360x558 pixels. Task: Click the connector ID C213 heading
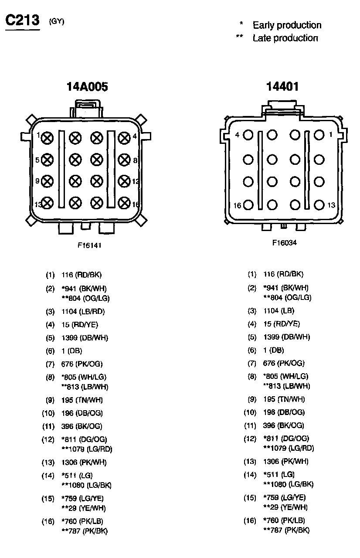pyautogui.click(x=22, y=20)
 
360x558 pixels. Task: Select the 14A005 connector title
pyautogui.click(x=87, y=87)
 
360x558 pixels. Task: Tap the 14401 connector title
pyautogui.click(x=282, y=86)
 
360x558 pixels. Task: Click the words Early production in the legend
pyautogui.click(x=287, y=25)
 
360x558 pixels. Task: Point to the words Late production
pyautogui.click(x=285, y=38)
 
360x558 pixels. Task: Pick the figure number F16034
pyautogui.click(x=284, y=243)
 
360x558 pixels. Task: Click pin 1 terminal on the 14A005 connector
pyautogui.click(x=48, y=138)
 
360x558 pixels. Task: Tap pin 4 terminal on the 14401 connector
pyautogui.click(x=248, y=135)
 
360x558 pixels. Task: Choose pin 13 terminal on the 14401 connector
pyautogui.click(x=319, y=204)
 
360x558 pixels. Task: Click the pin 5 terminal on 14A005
pyautogui.click(x=48, y=160)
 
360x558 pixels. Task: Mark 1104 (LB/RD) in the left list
pyautogui.click(x=83, y=312)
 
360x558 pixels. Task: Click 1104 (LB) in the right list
pyautogui.click(x=278, y=311)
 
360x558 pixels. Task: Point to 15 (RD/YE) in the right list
pyautogui.click(x=282, y=324)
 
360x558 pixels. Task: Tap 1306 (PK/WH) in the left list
pyautogui.click(x=84, y=463)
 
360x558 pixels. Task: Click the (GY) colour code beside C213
pyautogui.click(x=57, y=21)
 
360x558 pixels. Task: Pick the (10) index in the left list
pyautogui.click(x=48, y=413)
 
